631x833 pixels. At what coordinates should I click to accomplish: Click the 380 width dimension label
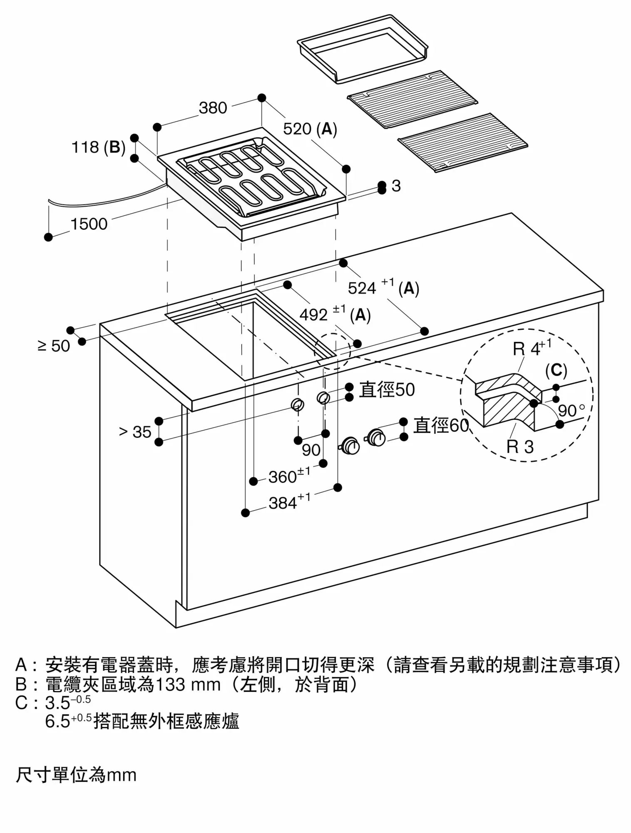coord(213,108)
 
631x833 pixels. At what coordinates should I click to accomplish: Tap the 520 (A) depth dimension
coord(310,129)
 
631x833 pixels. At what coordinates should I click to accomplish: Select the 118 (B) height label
coord(99,147)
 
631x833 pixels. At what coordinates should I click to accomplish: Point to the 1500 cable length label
coord(89,224)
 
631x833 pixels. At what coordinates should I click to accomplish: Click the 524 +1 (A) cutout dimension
coord(383,287)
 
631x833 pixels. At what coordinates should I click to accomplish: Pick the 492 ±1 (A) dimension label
coord(335,314)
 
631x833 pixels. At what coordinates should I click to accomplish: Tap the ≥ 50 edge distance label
coord(54,346)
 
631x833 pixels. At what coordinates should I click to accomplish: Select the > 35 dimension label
coord(135,432)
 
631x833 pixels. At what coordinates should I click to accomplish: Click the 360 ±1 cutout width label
coord(289,476)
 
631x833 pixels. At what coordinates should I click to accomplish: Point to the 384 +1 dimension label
coord(289,502)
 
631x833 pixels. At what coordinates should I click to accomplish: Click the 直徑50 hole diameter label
coord(387,390)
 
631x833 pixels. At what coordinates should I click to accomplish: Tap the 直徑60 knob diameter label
coord(441,426)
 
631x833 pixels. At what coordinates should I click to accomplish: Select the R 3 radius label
coord(520,447)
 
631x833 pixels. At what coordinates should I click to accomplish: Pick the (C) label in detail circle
coord(556,370)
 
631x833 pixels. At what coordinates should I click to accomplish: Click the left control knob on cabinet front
coord(351,446)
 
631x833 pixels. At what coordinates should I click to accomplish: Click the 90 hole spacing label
coord(311,450)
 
